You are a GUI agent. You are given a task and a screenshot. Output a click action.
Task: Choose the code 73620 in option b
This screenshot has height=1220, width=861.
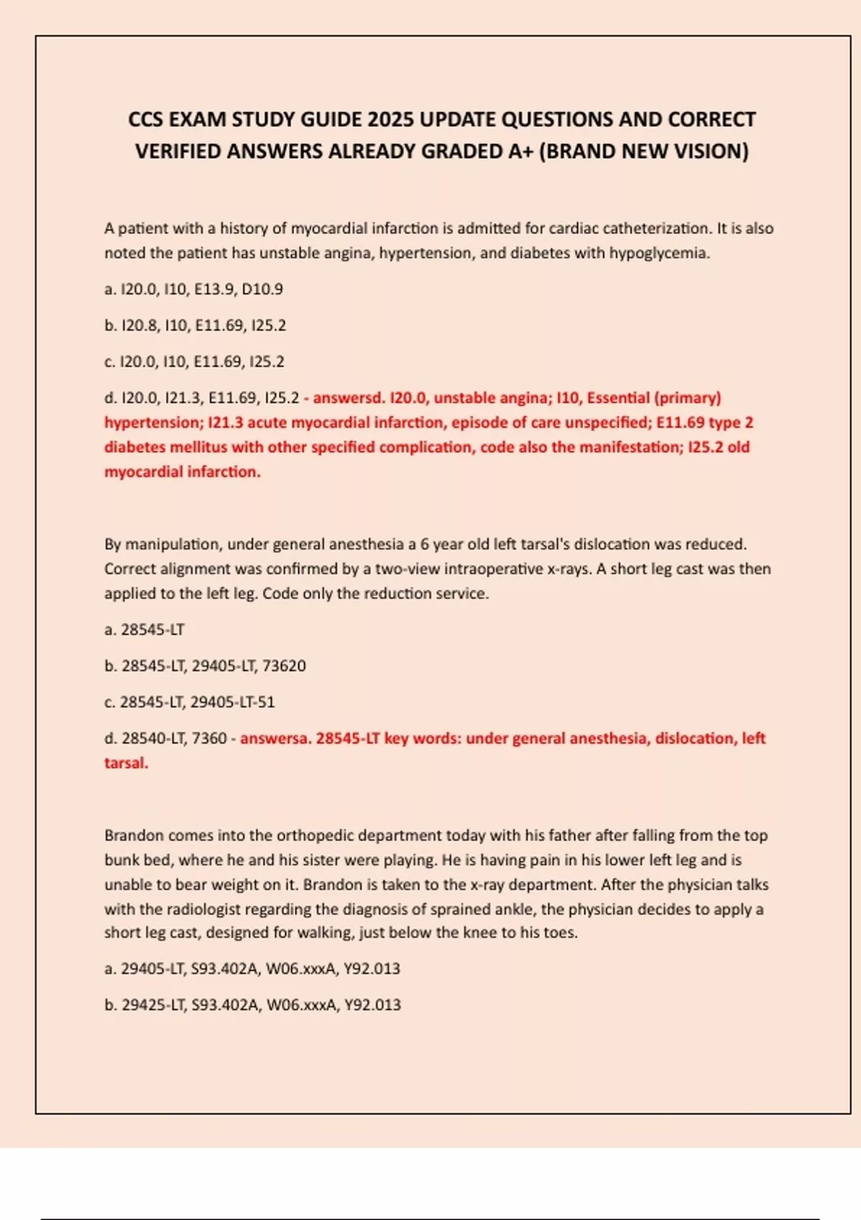pyautogui.click(x=284, y=666)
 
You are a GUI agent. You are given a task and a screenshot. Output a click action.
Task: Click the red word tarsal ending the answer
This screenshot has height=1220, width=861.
pyautogui.click(x=126, y=763)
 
